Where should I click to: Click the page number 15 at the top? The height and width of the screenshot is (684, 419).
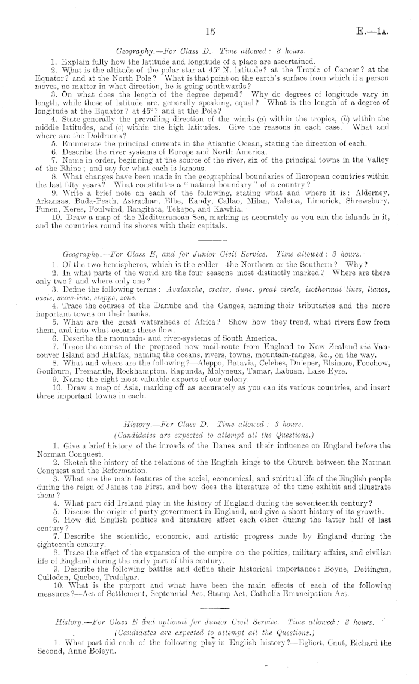pyautogui.click(x=209, y=32)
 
